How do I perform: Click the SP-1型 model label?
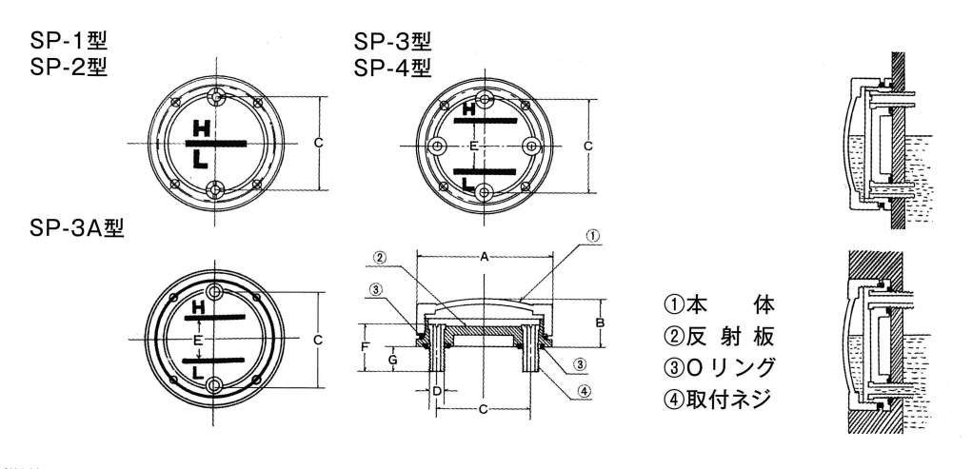[69, 42]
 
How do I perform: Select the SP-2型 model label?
[69, 67]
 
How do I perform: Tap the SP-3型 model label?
[392, 42]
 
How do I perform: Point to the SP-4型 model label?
[392, 67]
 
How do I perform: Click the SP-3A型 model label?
[77, 228]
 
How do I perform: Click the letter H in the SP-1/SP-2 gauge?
[201, 128]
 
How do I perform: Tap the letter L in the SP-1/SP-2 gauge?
[200, 161]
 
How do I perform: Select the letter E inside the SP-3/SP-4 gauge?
[473, 147]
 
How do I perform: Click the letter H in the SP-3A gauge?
[198, 306]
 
